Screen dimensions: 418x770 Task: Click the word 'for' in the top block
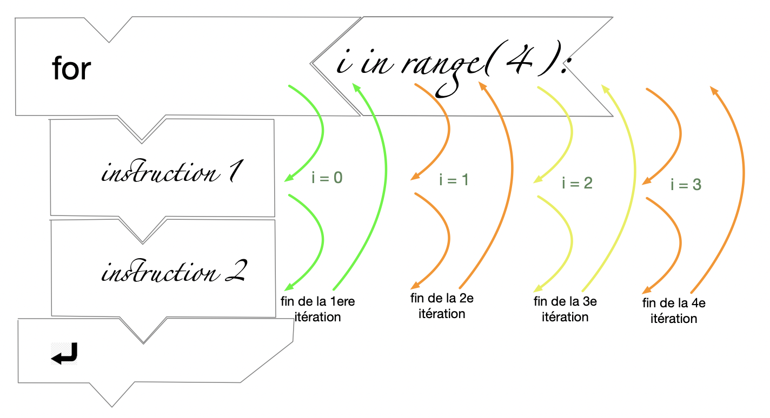pyautogui.click(x=71, y=70)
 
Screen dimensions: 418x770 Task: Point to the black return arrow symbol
pyautogui.click(x=64, y=354)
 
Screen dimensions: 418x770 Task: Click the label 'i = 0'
pyautogui.click(x=327, y=178)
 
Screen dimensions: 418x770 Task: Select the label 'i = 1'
pyautogui.click(x=454, y=180)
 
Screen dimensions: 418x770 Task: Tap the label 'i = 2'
pyautogui.click(x=577, y=183)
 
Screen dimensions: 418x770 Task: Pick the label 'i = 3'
pyautogui.click(x=686, y=185)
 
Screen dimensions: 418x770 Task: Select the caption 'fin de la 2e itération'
pyautogui.click(x=442, y=306)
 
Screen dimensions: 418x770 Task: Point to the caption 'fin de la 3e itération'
pyautogui.click(x=565, y=309)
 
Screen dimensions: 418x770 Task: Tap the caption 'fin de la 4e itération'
pyautogui.click(x=674, y=311)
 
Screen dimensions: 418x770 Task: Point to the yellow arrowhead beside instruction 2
pyautogui.click(x=537, y=289)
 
